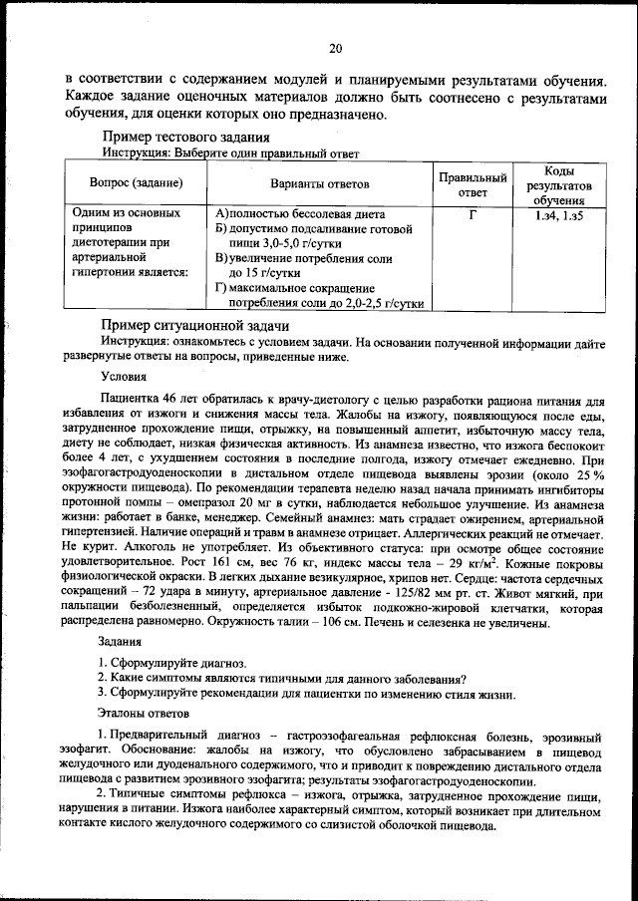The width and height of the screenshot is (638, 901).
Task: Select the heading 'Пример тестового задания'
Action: [x=184, y=138]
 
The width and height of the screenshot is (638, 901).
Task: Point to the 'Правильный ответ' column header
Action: [x=473, y=183]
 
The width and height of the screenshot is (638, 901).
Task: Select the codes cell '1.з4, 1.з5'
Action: [x=558, y=214]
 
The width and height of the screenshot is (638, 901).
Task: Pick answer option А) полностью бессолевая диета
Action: [x=299, y=214]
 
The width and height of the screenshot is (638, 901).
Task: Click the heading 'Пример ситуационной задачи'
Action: [x=195, y=326]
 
